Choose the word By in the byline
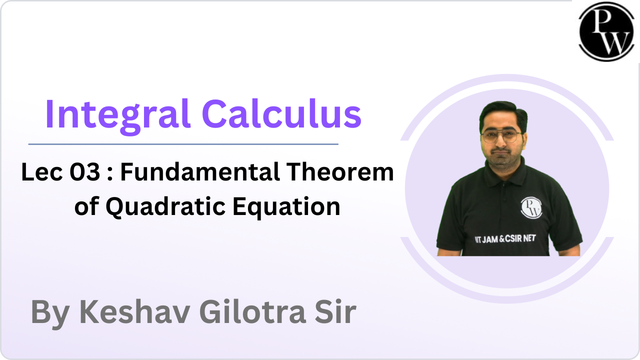click(51, 313)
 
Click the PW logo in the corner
click(605, 32)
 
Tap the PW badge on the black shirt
click(530, 207)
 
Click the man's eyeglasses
click(501, 136)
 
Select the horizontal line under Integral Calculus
click(183, 144)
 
